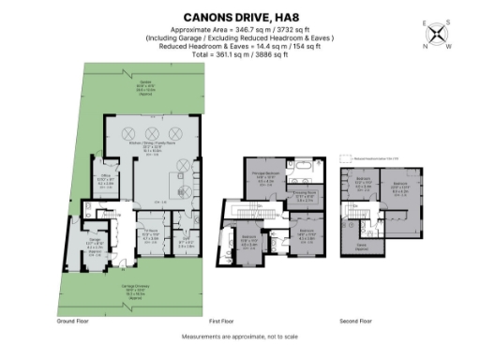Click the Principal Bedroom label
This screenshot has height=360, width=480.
pos(262,178)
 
